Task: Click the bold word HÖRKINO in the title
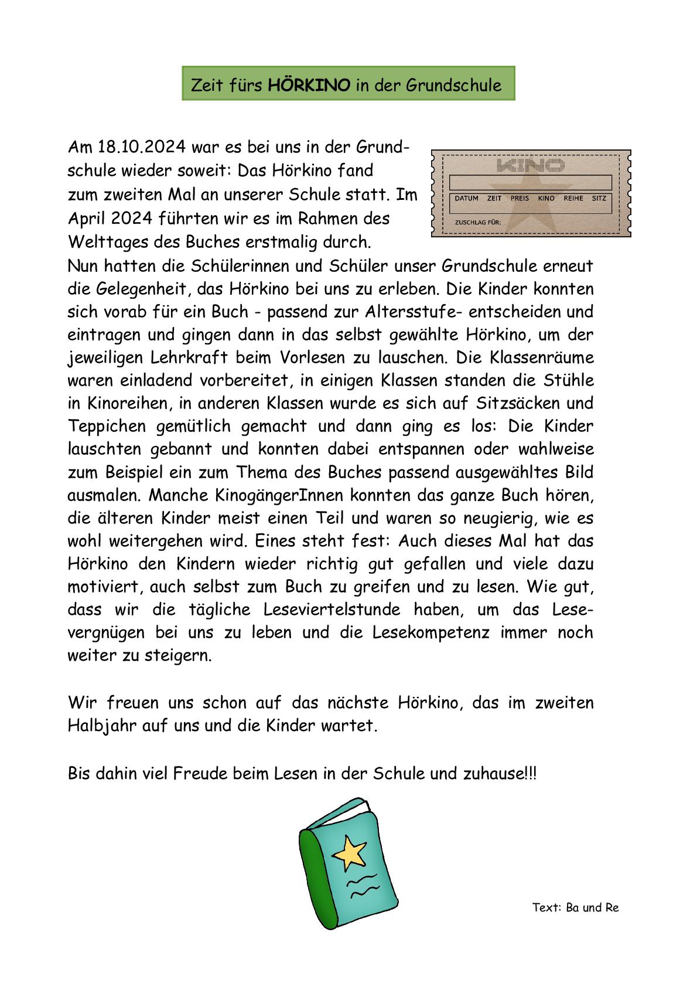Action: pos(309,86)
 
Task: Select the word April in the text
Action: pos(87,219)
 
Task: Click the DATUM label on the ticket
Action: pos(466,198)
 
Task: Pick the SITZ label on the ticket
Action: pos(599,198)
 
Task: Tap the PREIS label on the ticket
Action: pos(520,198)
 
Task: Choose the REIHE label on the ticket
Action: pos(573,198)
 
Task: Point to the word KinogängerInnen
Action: pos(246,495)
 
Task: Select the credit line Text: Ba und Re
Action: pos(575,908)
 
